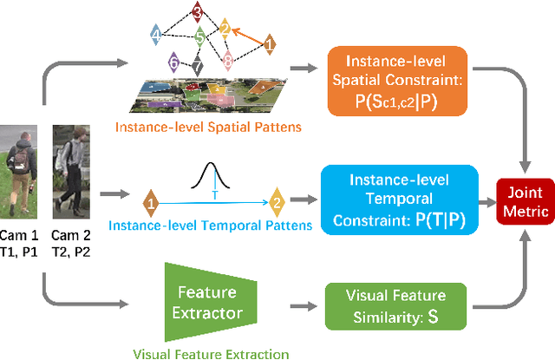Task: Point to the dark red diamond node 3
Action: pos(197,12)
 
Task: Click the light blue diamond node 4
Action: pos(155,35)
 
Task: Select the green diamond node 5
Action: pos(199,37)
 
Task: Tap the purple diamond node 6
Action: pos(174,62)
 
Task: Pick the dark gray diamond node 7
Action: pos(198,67)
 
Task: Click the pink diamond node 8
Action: pos(227,60)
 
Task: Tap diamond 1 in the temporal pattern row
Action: pos(151,204)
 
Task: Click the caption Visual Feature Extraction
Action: pos(211,352)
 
